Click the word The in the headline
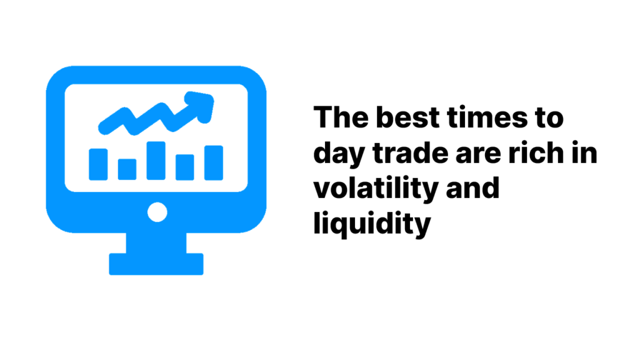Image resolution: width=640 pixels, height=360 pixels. point(341,117)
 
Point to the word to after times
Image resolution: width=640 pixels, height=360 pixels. point(549,118)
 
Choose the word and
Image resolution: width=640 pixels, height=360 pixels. point(472,187)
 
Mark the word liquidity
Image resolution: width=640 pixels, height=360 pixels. point(372,225)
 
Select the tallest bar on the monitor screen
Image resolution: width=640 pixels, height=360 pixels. point(156,161)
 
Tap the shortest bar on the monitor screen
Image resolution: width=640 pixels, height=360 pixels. point(127,169)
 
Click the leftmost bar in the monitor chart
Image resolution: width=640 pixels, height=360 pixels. point(98,164)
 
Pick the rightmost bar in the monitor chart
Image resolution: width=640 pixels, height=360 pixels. point(214,162)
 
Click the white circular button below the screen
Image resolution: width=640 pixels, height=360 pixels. point(157,212)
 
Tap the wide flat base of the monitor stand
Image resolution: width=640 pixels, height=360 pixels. point(156,264)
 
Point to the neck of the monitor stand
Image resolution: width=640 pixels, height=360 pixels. point(156,243)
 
